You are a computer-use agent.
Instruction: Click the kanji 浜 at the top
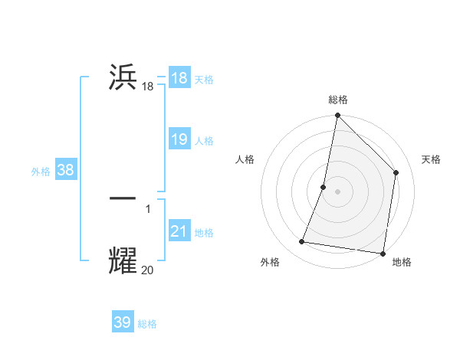(123, 79)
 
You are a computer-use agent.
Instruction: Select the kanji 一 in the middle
(123, 198)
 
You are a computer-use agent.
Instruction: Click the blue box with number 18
(179, 78)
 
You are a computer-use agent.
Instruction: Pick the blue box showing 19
(179, 140)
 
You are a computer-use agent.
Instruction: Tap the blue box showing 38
(65, 171)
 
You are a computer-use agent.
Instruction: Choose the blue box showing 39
(122, 322)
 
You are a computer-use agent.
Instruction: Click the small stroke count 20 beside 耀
(147, 270)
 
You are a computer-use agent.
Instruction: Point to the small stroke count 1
(148, 208)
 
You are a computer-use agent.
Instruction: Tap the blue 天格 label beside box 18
(204, 79)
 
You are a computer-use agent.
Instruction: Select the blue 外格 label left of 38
(41, 172)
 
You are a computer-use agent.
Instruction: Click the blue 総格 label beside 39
(147, 324)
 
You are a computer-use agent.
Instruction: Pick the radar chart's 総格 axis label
(337, 100)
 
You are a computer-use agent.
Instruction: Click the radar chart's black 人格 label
(245, 159)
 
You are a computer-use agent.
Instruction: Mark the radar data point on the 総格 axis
(337, 116)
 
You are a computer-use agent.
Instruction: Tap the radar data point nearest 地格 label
(383, 253)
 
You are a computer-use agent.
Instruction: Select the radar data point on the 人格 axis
(324, 187)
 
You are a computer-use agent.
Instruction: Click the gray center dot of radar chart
(337, 191)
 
